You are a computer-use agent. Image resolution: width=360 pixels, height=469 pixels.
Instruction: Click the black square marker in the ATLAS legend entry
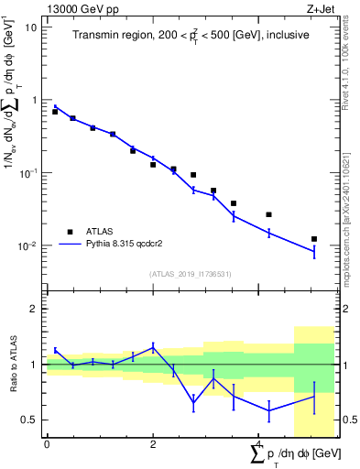(x=69, y=232)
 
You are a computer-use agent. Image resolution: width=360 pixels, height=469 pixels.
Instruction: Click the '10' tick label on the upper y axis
(x=31, y=27)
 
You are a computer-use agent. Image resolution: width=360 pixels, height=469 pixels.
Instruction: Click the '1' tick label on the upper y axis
(x=34, y=100)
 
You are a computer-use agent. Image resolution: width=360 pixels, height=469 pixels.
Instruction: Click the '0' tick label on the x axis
(x=47, y=444)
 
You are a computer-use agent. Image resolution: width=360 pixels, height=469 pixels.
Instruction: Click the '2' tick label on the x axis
(x=153, y=444)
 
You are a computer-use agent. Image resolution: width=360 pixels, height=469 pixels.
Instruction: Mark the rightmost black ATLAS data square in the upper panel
(x=314, y=239)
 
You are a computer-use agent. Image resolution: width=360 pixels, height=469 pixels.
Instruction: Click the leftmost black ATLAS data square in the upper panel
(x=55, y=112)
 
